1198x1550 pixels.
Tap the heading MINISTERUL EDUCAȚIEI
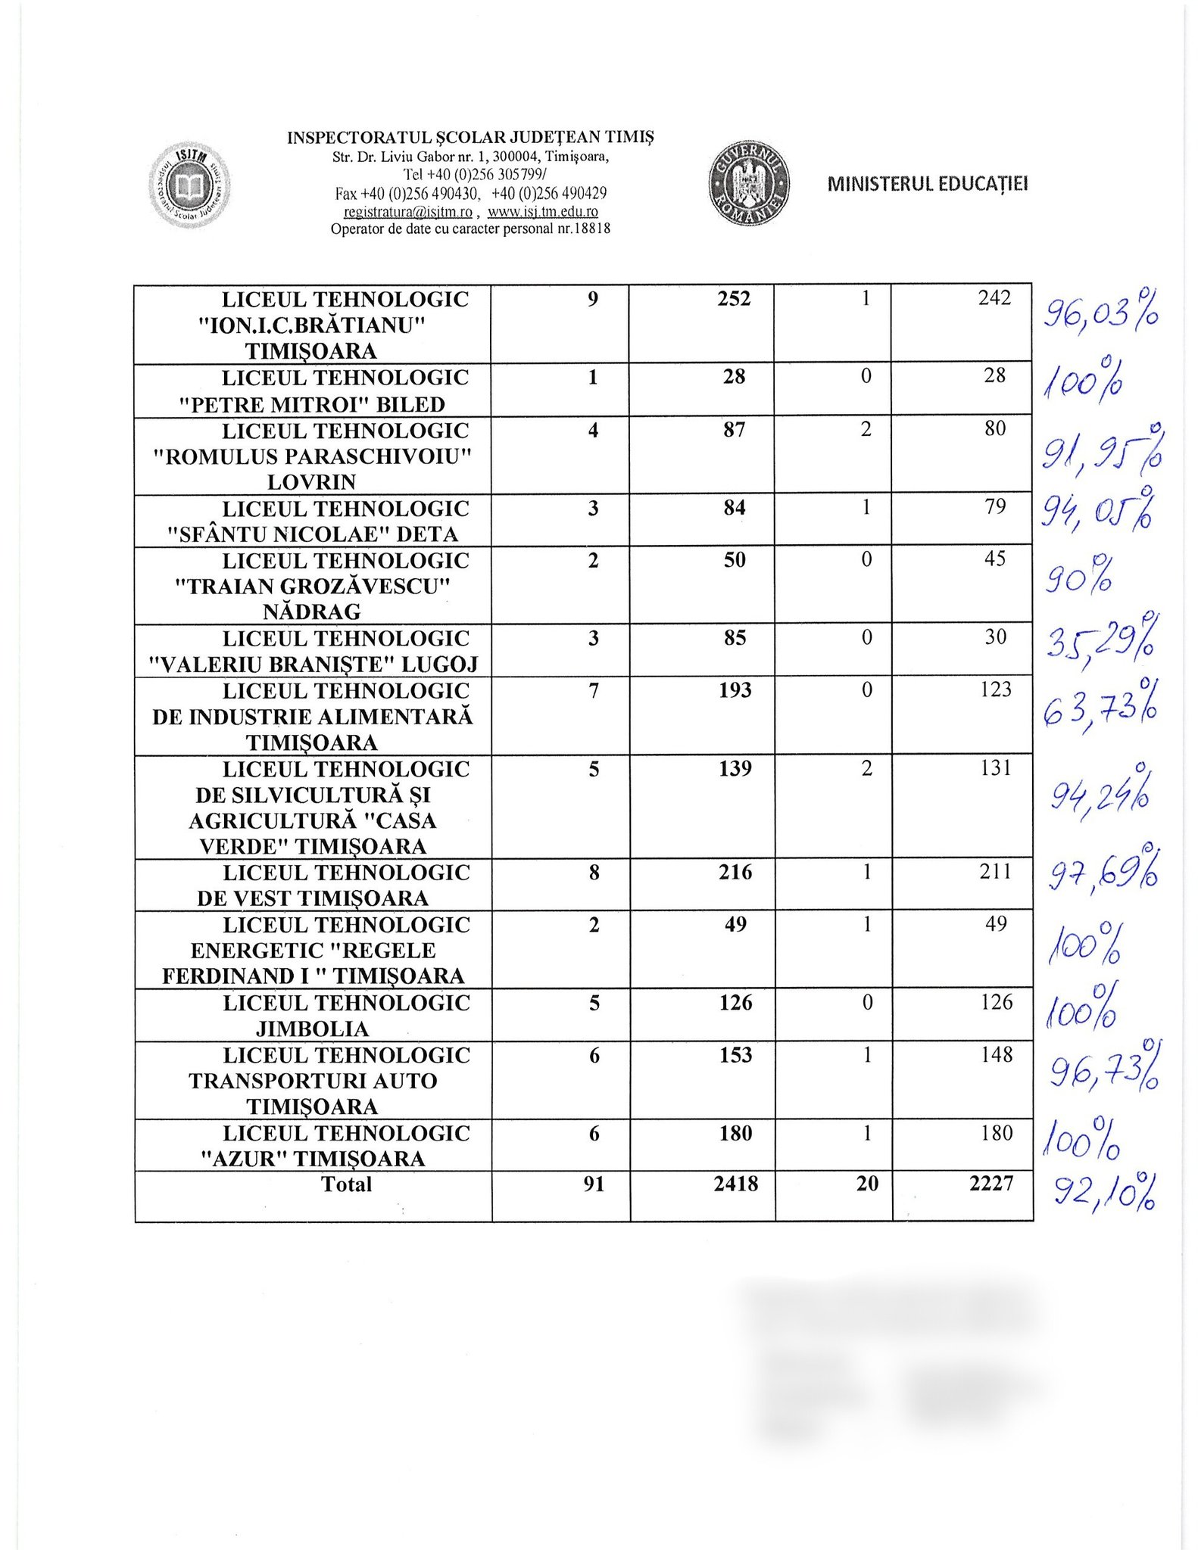[x=928, y=184]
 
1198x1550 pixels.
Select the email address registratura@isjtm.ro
[x=408, y=212]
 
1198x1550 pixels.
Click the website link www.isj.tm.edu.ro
[x=543, y=212]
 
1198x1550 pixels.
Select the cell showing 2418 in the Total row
[x=735, y=1184]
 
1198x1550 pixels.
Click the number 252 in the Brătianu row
[x=734, y=299]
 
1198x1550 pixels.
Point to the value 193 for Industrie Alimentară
[x=735, y=690]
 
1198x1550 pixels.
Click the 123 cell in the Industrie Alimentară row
[x=994, y=689]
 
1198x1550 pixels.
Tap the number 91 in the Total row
[x=594, y=1184]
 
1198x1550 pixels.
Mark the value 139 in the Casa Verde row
[x=735, y=769]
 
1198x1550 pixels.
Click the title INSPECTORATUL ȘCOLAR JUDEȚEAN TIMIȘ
[x=470, y=137]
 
